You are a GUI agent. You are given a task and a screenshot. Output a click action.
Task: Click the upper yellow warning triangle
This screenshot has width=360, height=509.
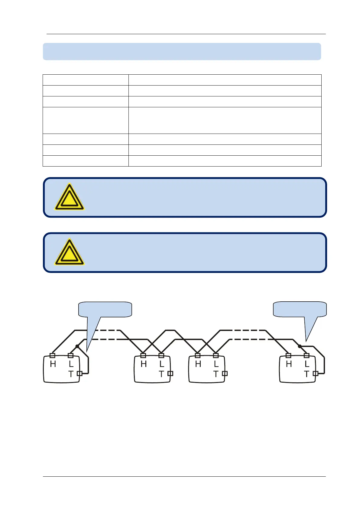click(69, 197)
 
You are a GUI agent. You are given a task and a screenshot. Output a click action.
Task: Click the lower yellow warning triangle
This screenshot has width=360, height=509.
click(69, 253)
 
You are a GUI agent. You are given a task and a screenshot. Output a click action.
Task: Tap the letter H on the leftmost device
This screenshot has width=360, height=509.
click(53, 364)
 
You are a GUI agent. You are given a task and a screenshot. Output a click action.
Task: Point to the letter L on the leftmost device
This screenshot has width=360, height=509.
click(71, 364)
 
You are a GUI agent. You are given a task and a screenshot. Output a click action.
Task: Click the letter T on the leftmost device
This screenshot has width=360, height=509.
click(71, 374)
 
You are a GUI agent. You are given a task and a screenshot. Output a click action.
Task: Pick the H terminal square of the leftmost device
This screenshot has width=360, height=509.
click(52, 355)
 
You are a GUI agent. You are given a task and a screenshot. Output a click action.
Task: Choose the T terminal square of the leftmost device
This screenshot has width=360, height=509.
click(79, 374)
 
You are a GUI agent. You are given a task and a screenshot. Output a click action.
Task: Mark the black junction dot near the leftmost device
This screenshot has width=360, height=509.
click(77, 346)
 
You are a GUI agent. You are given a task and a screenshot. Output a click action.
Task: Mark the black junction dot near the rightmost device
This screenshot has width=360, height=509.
click(300, 346)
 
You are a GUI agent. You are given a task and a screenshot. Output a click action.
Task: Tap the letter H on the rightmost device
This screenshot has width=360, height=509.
click(289, 364)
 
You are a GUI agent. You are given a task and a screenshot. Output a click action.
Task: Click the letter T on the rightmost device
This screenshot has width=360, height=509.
click(306, 374)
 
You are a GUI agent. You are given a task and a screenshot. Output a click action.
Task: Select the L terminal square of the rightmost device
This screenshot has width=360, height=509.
click(306, 355)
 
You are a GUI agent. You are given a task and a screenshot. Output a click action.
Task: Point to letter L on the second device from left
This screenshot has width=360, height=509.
click(162, 364)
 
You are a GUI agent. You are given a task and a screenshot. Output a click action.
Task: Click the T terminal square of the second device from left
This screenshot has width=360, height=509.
click(170, 374)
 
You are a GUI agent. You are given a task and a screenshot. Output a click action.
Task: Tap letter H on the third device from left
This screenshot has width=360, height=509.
click(198, 364)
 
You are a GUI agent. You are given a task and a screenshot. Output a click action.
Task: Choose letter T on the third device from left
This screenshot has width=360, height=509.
click(216, 374)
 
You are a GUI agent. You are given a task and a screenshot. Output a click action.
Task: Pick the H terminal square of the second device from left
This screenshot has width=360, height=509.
click(143, 355)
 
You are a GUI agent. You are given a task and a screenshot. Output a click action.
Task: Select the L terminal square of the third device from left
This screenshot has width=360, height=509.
click(216, 355)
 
